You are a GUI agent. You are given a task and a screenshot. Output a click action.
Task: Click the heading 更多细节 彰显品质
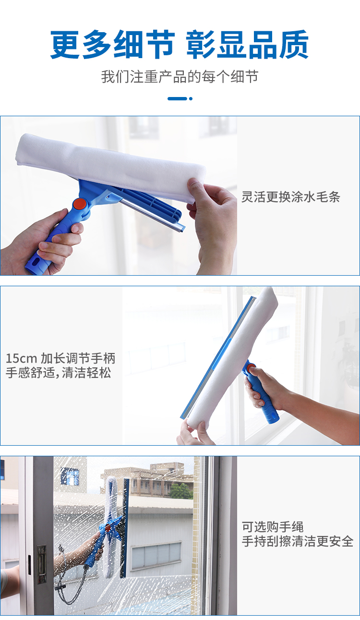pyautogui.click(x=180, y=44)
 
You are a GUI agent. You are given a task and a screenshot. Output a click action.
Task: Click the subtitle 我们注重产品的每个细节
pyautogui.click(x=180, y=77)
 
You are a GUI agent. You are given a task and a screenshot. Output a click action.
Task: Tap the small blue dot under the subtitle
pyautogui.click(x=191, y=98)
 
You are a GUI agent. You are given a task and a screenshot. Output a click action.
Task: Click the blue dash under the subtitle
pyautogui.click(x=178, y=98)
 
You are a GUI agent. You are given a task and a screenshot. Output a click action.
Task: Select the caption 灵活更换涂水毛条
pyautogui.click(x=290, y=197)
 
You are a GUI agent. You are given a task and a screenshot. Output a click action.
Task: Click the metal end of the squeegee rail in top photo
pyautogui.click(x=181, y=228)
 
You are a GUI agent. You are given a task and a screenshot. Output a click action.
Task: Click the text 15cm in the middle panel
pyautogui.click(x=21, y=358)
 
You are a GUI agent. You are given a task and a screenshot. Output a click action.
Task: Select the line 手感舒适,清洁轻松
pyautogui.click(x=59, y=373)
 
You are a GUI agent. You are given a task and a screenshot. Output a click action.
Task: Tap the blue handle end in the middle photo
pyautogui.click(x=273, y=416)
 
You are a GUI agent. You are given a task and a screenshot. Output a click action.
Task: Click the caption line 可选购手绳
pyautogui.click(x=273, y=527)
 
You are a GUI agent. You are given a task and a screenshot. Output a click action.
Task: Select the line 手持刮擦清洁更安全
pyautogui.click(x=298, y=541)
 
